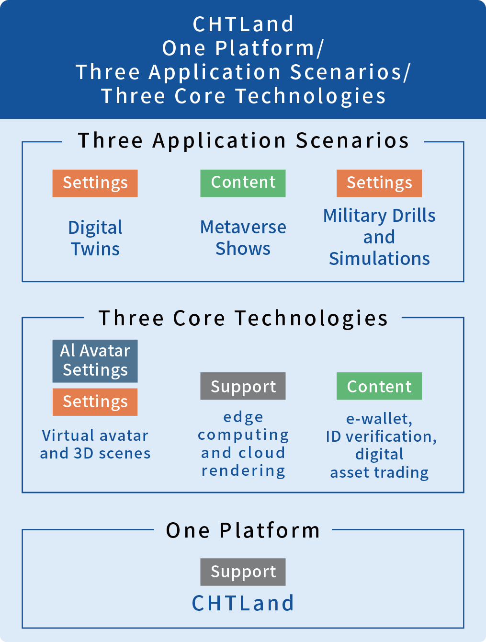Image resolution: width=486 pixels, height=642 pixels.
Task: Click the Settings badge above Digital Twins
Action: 95,183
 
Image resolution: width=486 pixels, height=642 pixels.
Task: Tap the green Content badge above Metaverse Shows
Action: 243,183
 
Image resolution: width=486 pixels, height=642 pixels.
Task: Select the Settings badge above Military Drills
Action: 379,183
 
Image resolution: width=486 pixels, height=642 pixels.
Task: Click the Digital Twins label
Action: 95,238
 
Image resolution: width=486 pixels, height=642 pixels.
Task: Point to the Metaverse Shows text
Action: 243,238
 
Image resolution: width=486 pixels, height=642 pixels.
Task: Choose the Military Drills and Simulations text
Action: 379,237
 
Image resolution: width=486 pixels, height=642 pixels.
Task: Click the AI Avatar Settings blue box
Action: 95,361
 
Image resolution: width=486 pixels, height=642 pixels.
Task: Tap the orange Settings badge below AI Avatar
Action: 95,402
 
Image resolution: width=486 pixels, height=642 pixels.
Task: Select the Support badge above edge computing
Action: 243,386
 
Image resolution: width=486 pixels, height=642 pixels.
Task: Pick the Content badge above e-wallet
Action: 379,386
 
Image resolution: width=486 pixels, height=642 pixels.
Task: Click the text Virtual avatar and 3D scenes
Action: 95,444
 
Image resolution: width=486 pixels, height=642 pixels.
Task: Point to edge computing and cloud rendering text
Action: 243,444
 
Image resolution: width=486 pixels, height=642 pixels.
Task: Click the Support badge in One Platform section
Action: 243,572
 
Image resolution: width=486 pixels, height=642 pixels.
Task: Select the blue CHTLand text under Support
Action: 243,603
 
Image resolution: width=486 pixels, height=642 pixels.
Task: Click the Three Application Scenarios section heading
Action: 243,141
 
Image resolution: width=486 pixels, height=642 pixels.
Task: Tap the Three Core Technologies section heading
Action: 243,318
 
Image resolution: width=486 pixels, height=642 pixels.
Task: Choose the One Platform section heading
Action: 243,530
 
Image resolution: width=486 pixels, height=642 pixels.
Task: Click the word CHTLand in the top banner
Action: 243,24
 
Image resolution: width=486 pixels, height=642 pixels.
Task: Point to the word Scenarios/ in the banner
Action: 350,72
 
